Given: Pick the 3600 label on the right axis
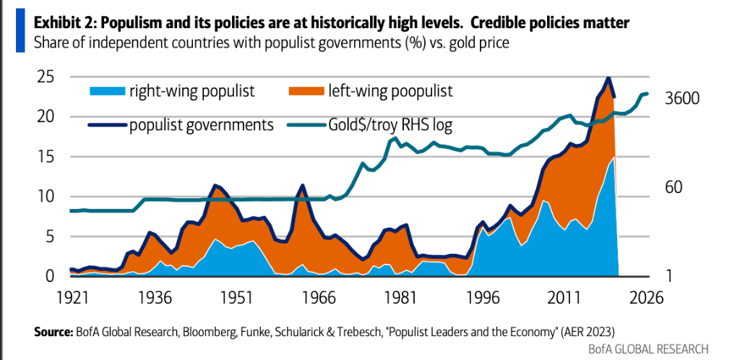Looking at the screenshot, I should (x=681, y=98).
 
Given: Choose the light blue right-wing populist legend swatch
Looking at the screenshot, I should (x=106, y=91).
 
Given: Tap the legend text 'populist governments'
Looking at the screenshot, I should (x=201, y=124).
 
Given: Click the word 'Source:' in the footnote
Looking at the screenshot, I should (x=52, y=332).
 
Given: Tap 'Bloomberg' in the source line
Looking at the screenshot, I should (x=202, y=332).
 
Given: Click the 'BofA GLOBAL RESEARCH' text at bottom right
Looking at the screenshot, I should (x=650, y=348).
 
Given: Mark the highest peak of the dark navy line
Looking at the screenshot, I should (x=608, y=77).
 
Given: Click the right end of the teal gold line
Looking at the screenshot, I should (x=647, y=93).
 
